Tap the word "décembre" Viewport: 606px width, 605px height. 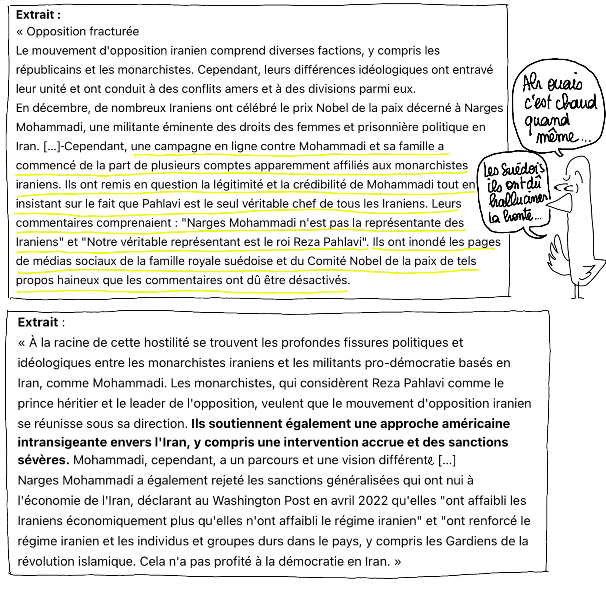click(x=61, y=108)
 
